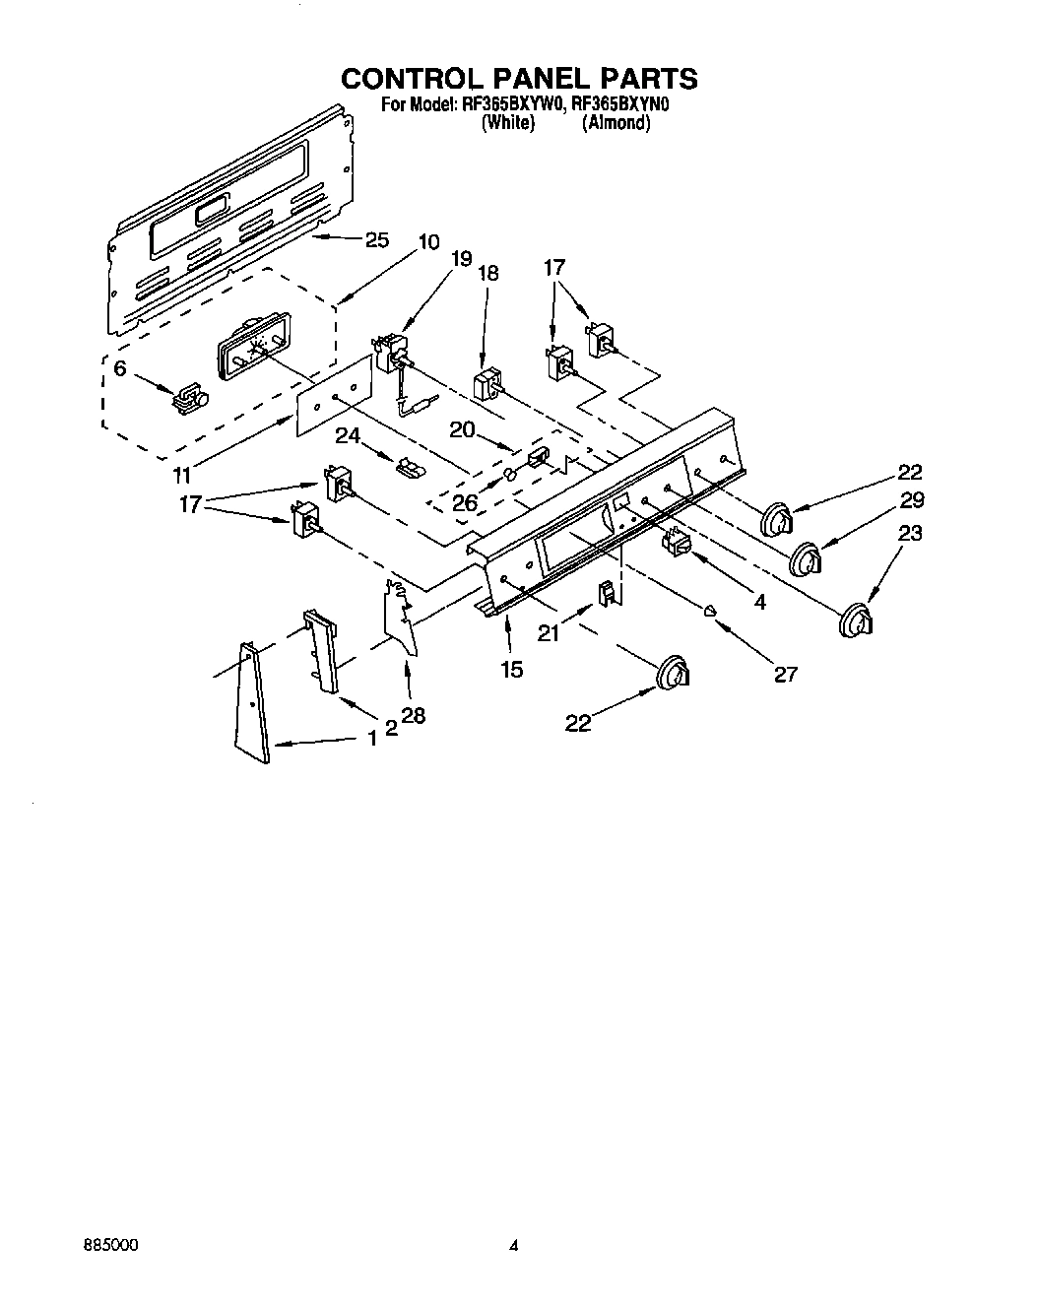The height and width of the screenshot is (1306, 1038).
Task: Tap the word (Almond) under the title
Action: click(x=616, y=123)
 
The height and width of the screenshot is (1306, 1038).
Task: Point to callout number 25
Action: click(x=377, y=239)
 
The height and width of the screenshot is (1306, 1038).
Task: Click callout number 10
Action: click(x=429, y=241)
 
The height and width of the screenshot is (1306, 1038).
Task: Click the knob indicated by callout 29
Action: click(x=808, y=558)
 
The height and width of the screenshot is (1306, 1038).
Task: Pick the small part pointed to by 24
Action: click(x=408, y=465)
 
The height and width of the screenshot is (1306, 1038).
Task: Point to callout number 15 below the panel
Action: click(x=511, y=669)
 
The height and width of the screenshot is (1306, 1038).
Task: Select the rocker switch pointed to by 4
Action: click(x=676, y=543)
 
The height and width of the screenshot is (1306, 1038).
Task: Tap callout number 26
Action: click(x=464, y=502)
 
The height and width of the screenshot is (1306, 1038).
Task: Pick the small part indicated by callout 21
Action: click(x=607, y=593)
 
